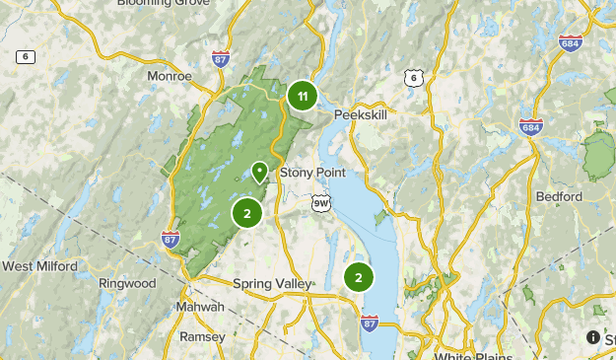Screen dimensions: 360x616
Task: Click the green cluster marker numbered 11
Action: coord(303,96)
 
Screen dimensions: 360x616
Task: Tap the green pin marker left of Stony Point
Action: coord(259,173)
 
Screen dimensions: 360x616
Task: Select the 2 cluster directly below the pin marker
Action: coord(247,212)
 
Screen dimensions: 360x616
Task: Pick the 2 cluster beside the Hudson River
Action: coord(359,278)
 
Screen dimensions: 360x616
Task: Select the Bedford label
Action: coord(559,196)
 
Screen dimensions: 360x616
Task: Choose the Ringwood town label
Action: coord(127,283)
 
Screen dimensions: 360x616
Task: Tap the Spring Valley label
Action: coord(271,284)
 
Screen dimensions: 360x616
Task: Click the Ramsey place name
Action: coord(202,336)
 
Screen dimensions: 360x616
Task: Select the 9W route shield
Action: coord(320,203)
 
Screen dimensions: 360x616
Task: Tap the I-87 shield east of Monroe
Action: coord(221,60)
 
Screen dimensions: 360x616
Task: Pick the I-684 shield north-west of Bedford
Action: coord(530,125)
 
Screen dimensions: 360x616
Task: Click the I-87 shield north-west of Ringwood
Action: coord(171,238)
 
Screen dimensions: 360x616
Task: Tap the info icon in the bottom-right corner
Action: coord(593,337)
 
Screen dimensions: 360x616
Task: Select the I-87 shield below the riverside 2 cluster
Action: coord(370,323)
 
